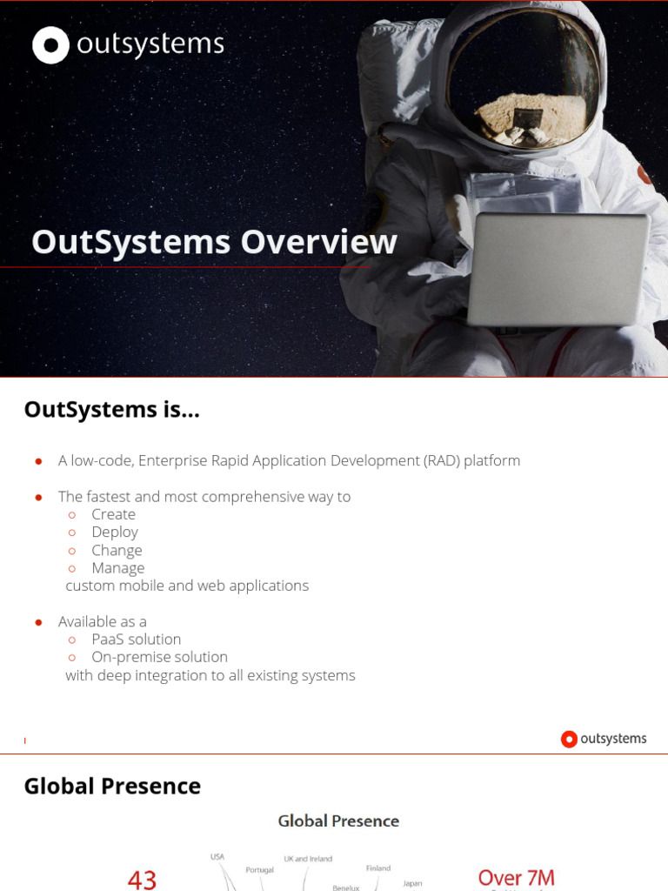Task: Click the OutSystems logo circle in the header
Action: (x=50, y=45)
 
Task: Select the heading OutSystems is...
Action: (x=111, y=409)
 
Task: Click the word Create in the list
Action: (x=113, y=514)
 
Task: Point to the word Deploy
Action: (x=115, y=532)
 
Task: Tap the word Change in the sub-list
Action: (x=117, y=550)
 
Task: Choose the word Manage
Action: (x=118, y=568)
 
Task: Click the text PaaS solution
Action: (x=137, y=640)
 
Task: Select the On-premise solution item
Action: (x=159, y=657)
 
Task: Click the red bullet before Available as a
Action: (x=38, y=622)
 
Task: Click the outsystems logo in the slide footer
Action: (x=604, y=739)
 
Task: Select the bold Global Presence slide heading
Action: (x=112, y=786)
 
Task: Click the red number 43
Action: (x=142, y=879)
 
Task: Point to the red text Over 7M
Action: (x=516, y=877)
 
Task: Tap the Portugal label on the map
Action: (x=259, y=869)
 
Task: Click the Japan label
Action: (x=412, y=883)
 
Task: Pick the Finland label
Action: (x=377, y=868)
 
